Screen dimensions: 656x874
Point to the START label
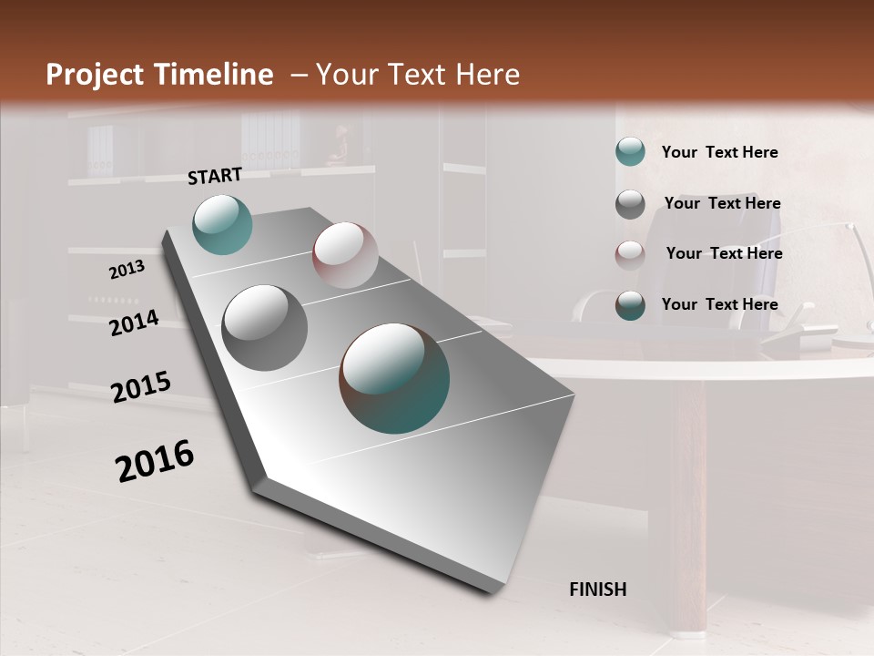coord(215,176)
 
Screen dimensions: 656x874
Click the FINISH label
coord(597,589)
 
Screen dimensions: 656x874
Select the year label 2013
coord(127,270)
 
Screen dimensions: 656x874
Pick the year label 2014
coord(134,323)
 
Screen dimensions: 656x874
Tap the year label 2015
coord(141,388)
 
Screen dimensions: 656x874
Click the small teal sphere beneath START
coord(222,224)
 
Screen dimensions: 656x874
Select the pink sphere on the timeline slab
coord(345,255)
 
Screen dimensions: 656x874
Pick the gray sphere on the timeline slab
coord(265,328)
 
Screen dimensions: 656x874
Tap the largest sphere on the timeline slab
coord(394,378)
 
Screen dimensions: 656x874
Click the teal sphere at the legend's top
coord(630,152)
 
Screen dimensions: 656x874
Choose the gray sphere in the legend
coord(630,204)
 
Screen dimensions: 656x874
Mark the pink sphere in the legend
coord(630,254)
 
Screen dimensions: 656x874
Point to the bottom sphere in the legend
coord(630,305)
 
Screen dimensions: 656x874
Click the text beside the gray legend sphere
coord(722,203)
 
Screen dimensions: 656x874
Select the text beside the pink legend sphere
coord(724,253)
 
